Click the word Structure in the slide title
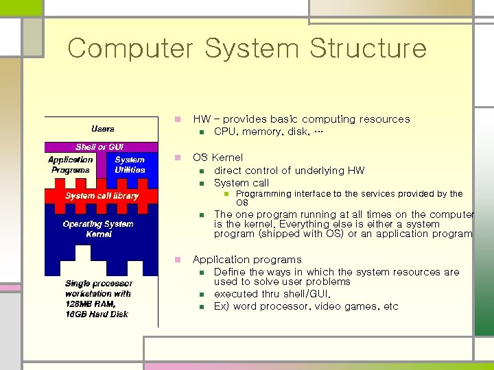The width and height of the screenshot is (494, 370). [368, 49]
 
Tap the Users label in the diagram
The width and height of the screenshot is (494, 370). [103, 129]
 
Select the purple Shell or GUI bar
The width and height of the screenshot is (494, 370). [100, 147]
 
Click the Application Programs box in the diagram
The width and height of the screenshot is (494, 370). [71, 164]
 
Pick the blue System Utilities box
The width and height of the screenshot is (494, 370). [130, 164]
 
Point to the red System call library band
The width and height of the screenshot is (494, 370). [102, 196]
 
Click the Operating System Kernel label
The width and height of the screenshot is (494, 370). [98, 229]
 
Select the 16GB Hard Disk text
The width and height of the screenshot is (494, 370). [97, 314]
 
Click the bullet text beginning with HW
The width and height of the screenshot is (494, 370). [301, 119]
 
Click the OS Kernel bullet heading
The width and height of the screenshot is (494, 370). [217, 158]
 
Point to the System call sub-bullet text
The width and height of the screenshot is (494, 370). [242, 183]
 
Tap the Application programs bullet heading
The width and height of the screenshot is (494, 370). [247, 260]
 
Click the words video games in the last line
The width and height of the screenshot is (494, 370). [347, 306]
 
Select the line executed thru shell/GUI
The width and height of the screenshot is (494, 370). [272, 294]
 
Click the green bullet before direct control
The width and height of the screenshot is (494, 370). [202, 171]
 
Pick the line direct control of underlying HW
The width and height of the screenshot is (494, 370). [289, 171]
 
